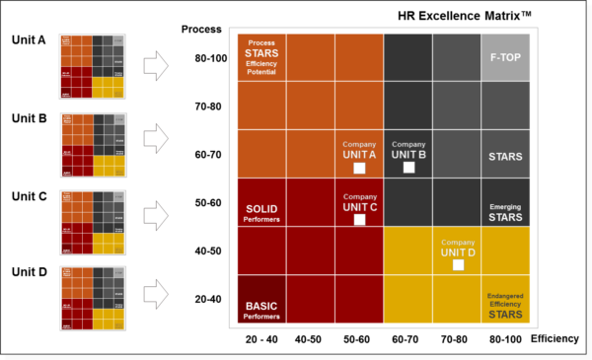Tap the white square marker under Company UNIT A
pos(359,169)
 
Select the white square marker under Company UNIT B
pos(408,169)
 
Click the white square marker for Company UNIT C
pos(359,220)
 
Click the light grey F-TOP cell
pos(505,57)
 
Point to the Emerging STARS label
pos(505,212)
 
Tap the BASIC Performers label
pos(261,311)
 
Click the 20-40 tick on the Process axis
pos(211,300)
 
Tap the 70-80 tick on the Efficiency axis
pos(457,338)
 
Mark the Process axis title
pos(201,30)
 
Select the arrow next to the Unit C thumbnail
pos(158,213)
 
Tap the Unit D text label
pos(29,270)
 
